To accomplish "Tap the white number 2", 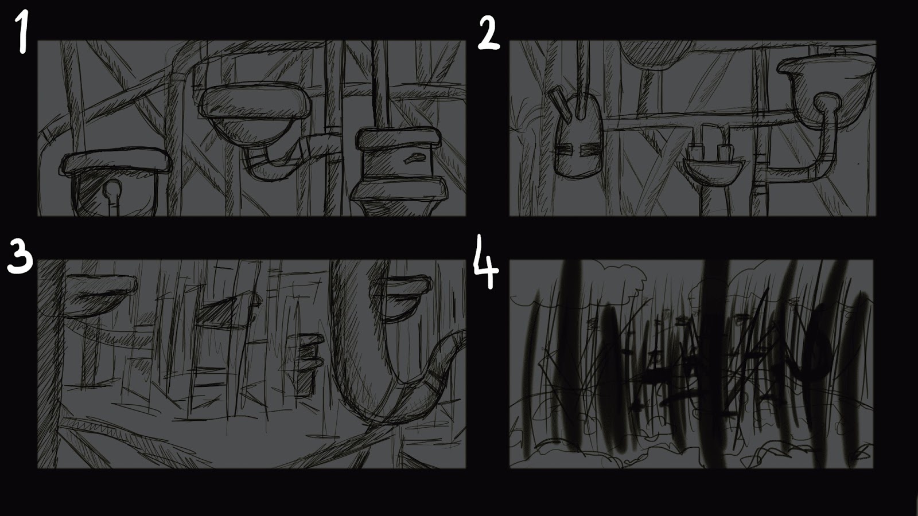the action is [488, 34].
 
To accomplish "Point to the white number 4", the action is [486, 261].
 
